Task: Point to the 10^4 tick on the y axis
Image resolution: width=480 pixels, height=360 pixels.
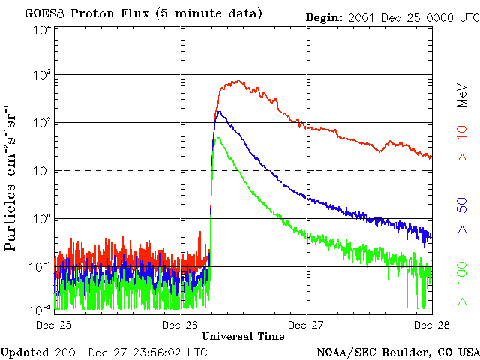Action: pyautogui.click(x=40, y=29)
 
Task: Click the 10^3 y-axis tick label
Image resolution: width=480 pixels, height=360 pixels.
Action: pyautogui.click(x=40, y=75)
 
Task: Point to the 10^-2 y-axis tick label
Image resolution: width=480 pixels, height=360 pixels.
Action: pyautogui.click(x=40, y=310)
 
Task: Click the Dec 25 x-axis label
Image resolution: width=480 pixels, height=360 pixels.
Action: pyautogui.click(x=54, y=325)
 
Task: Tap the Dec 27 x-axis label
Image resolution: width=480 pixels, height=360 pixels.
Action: pyautogui.click(x=307, y=325)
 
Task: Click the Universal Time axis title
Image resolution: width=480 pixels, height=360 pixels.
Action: pyautogui.click(x=243, y=337)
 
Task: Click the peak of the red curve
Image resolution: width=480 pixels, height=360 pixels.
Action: pyautogui.click(x=238, y=81)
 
